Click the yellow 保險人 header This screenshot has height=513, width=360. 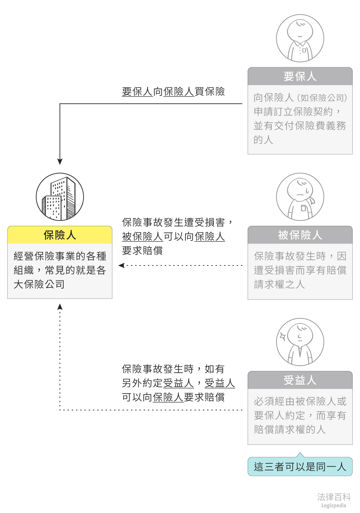pyautogui.click(x=60, y=235)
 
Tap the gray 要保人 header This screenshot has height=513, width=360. pyautogui.click(x=300, y=77)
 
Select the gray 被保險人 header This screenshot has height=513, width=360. pyautogui.click(x=300, y=235)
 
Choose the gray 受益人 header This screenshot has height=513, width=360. pyautogui.click(x=300, y=380)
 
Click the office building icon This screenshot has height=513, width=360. pyautogui.click(x=60, y=197)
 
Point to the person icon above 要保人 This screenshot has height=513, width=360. pyautogui.click(x=300, y=38)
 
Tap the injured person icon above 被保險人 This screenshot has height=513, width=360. pyautogui.click(x=300, y=197)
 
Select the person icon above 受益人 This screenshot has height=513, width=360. pyautogui.click(x=300, y=342)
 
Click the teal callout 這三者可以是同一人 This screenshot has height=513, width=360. pyautogui.click(x=300, y=467)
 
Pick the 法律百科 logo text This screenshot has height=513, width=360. pyautogui.click(x=334, y=497)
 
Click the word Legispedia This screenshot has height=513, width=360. pyautogui.click(x=334, y=506)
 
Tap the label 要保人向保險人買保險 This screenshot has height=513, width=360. pyautogui.click(x=173, y=91)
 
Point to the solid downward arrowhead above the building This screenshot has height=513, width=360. pyautogui.click(x=60, y=162)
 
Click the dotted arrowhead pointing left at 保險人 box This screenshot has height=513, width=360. pyautogui.click(x=121, y=265)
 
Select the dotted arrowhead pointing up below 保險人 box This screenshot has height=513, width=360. pyautogui.click(x=60, y=307)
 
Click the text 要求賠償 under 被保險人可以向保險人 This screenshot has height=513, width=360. pyautogui.click(x=142, y=251)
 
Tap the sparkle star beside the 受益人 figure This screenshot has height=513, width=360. pyautogui.click(x=283, y=337)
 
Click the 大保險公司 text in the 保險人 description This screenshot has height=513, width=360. pyautogui.click(x=39, y=284)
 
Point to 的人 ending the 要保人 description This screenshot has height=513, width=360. pyautogui.click(x=263, y=140)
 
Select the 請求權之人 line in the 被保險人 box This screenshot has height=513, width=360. pyautogui.click(x=279, y=284)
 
